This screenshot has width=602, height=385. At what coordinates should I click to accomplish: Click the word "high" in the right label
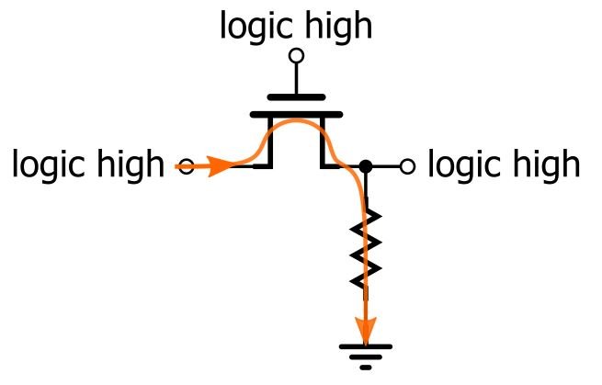[544, 166]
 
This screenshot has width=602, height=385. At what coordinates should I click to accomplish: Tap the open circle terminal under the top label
[296, 56]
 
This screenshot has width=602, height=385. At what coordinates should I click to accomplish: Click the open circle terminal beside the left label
[186, 167]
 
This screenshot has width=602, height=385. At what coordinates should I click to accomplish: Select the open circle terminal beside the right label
[407, 166]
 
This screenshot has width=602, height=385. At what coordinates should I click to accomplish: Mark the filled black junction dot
[365, 166]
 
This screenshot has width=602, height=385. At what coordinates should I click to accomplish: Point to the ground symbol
[366, 354]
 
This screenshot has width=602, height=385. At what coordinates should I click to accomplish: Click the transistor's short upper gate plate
[296, 96]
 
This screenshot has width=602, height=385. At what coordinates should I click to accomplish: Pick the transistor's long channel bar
[296, 114]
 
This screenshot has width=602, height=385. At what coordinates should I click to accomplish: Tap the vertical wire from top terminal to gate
[296, 78]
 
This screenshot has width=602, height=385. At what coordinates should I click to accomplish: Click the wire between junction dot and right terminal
[385, 166]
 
